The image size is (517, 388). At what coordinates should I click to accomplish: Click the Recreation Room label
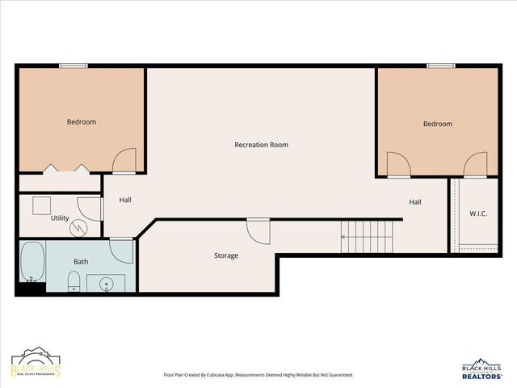(x=261, y=145)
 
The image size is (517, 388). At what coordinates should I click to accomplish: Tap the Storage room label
(x=226, y=255)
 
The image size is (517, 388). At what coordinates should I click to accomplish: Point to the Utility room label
(x=60, y=218)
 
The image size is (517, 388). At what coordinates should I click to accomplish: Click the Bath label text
(x=81, y=262)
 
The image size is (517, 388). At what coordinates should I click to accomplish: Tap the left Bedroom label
(x=81, y=122)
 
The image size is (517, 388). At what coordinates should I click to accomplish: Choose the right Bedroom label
(x=438, y=124)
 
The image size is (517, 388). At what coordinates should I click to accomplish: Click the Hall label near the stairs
(x=415, y=202)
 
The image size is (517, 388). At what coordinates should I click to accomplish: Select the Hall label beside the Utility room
(x=125, y=200)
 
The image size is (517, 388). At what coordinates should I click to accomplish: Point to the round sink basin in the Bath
(x=107, y=284)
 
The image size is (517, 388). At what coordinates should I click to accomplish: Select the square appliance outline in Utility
(x=42, y=205)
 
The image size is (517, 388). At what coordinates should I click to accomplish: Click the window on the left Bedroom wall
(x=73, y=65)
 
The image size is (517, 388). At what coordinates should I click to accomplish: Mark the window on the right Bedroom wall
(x=440, y=65)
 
